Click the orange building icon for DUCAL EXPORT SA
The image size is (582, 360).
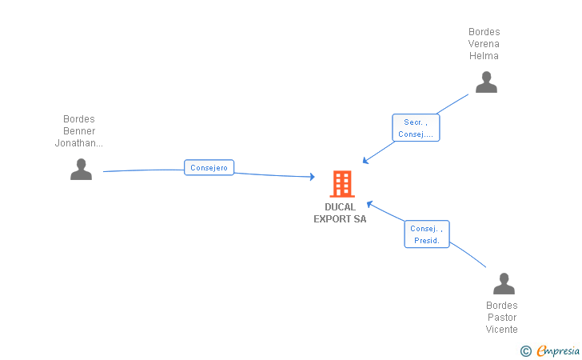coord(342,184)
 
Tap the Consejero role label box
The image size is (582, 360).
coord(209,167)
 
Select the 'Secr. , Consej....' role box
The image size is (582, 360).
coord(416,128)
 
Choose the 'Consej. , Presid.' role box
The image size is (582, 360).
coord(427,234)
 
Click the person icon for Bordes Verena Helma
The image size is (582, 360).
coord(486,82)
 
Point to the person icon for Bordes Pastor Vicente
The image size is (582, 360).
coord(504,283)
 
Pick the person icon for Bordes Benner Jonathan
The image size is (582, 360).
coord(81,170)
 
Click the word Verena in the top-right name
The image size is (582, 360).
coord(484,44)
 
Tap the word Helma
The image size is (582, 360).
coord(484,56)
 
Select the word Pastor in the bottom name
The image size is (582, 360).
coord(502,318)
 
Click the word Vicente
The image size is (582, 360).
coord(501,329)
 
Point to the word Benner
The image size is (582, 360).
coord(79,130)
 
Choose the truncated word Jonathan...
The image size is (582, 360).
coord(78,143)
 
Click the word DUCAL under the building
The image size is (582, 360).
coord(340,207)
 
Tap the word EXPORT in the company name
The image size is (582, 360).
coord(333,219)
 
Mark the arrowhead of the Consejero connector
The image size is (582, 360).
coord(313,177)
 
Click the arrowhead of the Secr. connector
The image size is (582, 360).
coord(365,161)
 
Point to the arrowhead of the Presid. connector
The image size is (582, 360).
coord(369,204)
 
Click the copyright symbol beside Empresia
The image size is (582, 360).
coord(525,351)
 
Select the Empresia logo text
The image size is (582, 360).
coord(558,350)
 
